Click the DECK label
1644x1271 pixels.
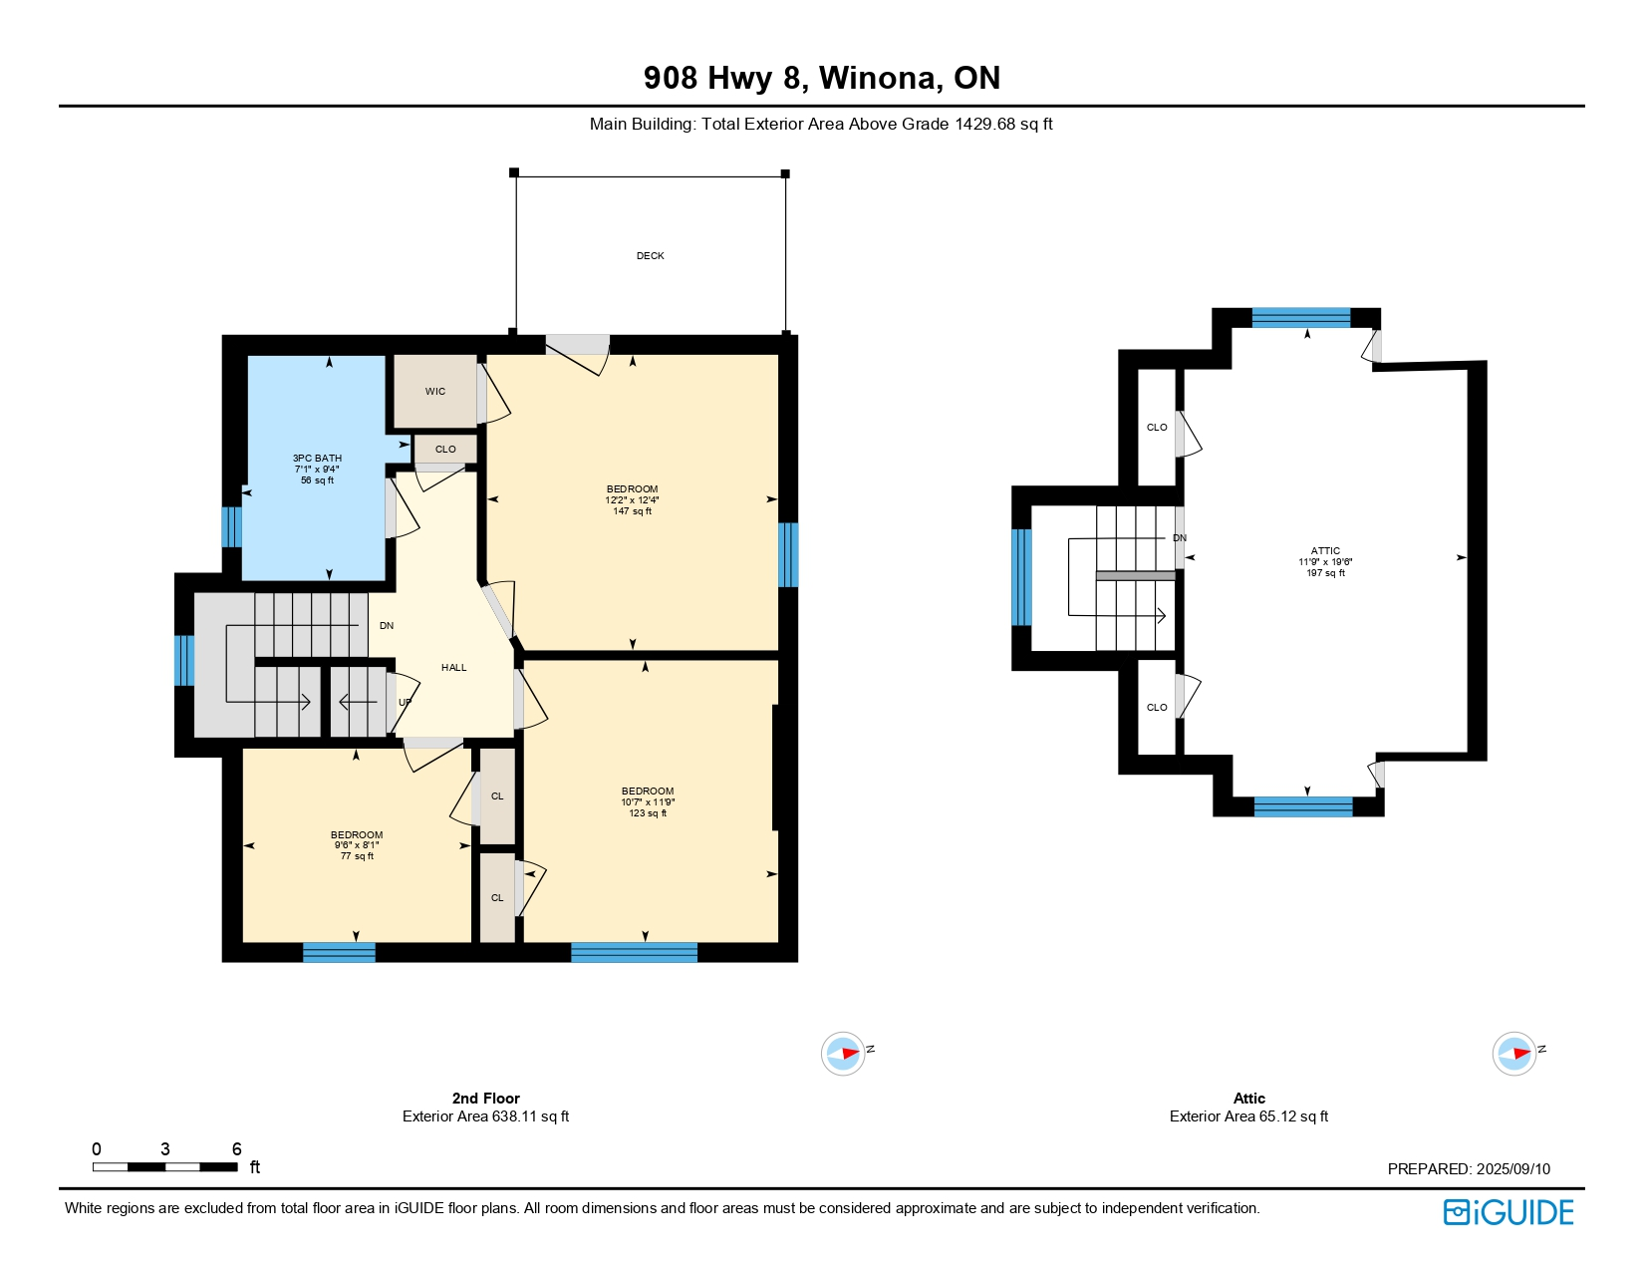[x=650, y=256]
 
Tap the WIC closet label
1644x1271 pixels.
[x=435, y=392]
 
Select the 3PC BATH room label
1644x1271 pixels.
[x=317, y=458]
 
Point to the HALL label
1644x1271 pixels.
[x=454, y=667]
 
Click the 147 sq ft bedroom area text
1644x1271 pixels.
[x=633, y=511]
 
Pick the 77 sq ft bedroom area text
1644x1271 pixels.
[x=357, y=856]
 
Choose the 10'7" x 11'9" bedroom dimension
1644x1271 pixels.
[x=648, y=801]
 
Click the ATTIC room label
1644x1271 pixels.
[x=1325, y=551]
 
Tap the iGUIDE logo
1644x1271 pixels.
[x=1508, y=1213]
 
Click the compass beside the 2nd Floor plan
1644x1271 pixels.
[x=843, y=1053]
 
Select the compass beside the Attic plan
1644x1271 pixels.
[x=1513, y=1053]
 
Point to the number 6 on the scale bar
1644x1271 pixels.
[x=237, y=1149]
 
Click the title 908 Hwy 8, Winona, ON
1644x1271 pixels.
[x=822, y=78]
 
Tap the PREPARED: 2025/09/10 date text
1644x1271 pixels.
[x=1469, y=1168]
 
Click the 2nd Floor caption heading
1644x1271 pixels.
[x=485, y=1098]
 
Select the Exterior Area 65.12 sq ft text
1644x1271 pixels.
[x=1248, y=1115]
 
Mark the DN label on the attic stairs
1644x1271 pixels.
[x=1180, y=537]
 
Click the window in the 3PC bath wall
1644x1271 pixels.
[x=231, y=527]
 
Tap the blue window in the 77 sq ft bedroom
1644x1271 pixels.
[x=339, y=952]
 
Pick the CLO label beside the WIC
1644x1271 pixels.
[x=445, y=449]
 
